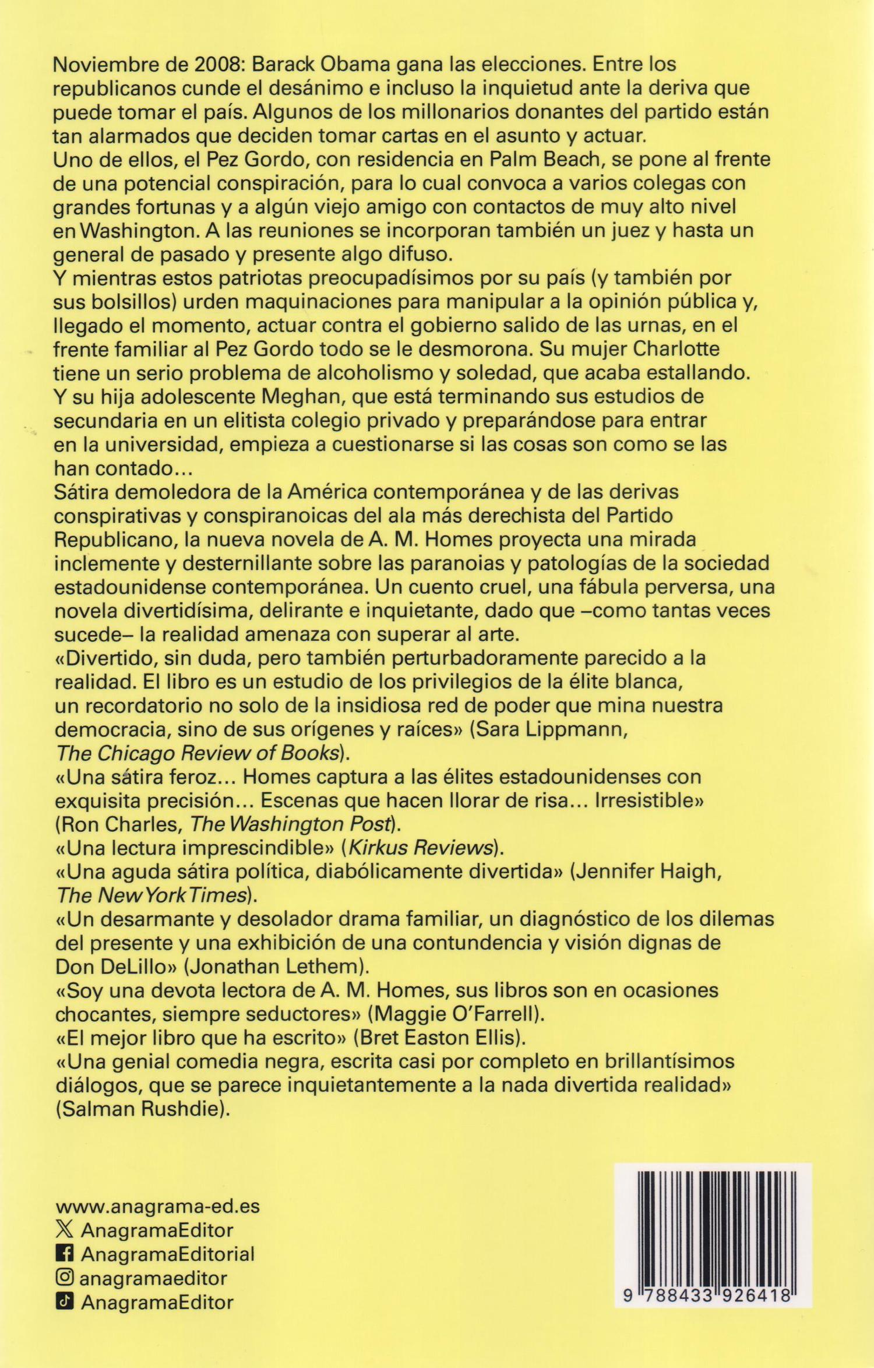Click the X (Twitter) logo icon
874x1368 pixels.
[64, 1230]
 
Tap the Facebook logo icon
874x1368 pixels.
[64, 1253]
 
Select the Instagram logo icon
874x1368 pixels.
[64, 1278]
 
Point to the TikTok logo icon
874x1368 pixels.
[64, 1302]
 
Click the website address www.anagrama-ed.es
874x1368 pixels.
[156, 1205]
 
